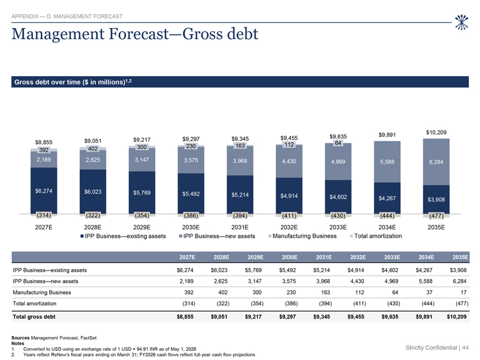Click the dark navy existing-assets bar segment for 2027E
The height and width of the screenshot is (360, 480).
click(44, 190)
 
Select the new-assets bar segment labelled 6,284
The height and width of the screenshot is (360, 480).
click(436, 162)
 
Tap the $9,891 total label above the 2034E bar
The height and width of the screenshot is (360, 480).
click(387, 135)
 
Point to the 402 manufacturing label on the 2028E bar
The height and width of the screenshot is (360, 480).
click(92, 149)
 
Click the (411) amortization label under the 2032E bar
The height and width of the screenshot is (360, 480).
click(289, 215)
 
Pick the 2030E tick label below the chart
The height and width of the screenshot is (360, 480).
click(191, 228)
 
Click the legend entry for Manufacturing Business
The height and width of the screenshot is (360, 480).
click(302, 236)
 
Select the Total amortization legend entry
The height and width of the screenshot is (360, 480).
click(376, 236)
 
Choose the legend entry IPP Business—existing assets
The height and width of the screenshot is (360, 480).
click(123, 236)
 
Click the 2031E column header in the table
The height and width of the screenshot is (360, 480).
click(324, 257)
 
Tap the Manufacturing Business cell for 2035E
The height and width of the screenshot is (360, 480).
click(464, 292)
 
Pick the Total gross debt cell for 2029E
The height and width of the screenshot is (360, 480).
click(253, 317)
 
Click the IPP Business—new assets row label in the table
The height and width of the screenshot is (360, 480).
click(45, 282)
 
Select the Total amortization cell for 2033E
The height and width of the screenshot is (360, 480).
click(393, 303)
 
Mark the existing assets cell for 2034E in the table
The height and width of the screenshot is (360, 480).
click(424, 270)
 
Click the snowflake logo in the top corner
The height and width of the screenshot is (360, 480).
click(461, 22)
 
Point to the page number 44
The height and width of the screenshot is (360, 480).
click(465, 348)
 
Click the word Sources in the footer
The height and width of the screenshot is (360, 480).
click(20, 338)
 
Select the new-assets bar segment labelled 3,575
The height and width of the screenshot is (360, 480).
click(191, 160)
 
